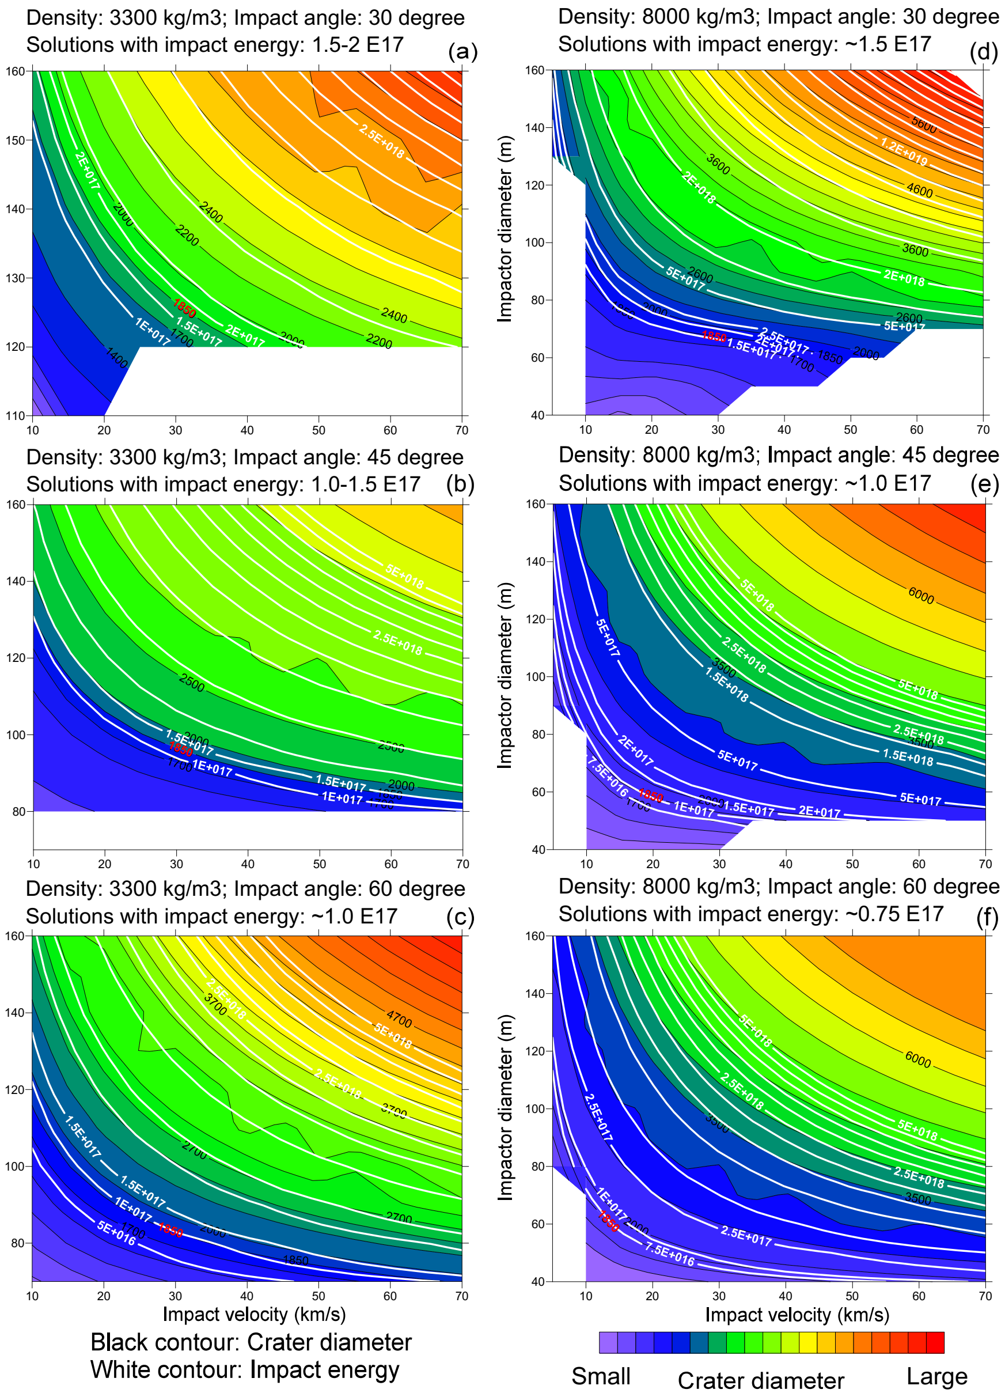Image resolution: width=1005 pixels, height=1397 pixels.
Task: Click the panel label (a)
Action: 462,52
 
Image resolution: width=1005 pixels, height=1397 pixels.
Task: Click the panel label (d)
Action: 984,52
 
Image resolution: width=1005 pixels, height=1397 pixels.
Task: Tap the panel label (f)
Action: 987,918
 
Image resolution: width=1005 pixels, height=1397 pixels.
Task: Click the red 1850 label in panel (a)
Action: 184,308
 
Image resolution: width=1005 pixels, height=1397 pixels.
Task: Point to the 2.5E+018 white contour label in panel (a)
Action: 382,141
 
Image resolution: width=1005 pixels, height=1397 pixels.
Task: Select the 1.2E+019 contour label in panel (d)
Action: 904,152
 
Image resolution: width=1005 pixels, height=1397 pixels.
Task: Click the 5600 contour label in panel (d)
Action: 924,124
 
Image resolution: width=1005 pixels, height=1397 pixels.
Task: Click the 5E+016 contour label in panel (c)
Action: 116,1233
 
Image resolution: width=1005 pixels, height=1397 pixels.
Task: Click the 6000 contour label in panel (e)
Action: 921,595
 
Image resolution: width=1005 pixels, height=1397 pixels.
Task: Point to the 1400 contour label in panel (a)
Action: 116,358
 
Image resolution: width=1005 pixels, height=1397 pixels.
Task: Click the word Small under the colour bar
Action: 601,1376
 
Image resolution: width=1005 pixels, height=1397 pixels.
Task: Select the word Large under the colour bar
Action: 936,1376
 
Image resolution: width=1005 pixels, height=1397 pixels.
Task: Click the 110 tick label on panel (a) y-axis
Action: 16,416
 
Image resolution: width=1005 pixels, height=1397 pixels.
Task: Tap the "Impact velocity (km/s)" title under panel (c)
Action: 254,1314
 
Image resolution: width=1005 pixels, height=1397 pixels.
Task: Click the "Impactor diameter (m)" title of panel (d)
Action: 505,228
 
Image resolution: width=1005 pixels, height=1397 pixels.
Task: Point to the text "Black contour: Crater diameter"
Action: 251,1342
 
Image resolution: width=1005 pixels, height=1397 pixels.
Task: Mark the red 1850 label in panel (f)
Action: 608,1221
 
